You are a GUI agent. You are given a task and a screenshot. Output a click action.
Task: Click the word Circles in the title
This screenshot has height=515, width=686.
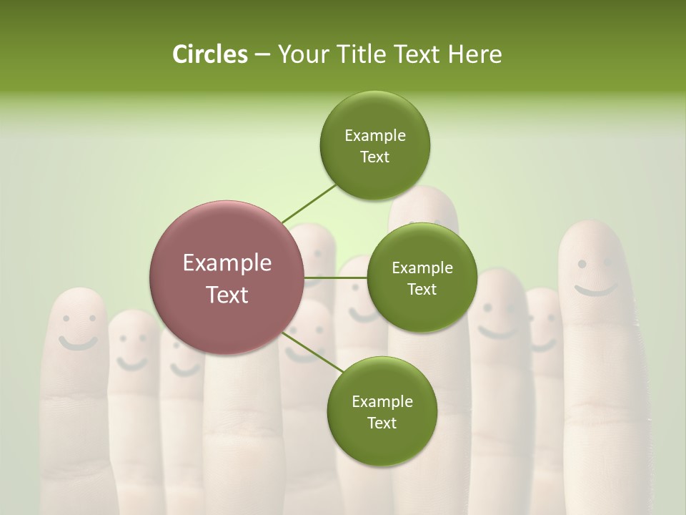[209, 54]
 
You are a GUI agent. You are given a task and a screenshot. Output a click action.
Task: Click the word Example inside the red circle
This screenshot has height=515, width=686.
[227, 263]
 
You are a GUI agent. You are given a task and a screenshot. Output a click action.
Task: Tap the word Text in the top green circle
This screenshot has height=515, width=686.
[374, 157]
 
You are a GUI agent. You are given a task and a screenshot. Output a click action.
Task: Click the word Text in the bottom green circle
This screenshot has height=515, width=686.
[382, 423]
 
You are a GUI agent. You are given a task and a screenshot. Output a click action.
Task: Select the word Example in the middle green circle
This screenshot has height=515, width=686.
[422, 268]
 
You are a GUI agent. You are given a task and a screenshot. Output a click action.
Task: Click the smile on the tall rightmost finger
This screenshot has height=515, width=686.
[597, 290]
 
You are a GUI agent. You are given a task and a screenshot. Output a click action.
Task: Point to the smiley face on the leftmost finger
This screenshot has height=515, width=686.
[77, 329]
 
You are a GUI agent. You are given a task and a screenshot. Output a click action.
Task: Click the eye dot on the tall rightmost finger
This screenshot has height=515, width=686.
[582, 264]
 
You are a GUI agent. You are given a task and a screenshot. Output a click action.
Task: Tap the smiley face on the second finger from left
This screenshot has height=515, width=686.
[132, 350]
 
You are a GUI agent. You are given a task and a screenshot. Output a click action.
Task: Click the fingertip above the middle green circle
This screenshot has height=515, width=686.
[423, 204]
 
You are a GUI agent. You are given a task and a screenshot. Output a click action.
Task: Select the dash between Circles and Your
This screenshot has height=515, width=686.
[262, 55]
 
